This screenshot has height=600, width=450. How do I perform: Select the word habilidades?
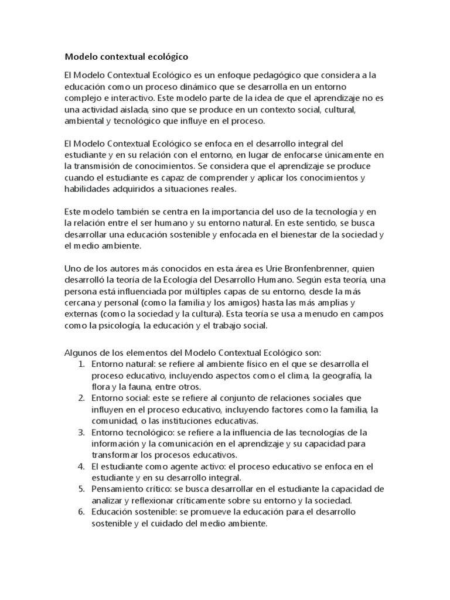[x=88, y=189]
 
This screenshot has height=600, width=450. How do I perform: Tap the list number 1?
[x=81, y=364]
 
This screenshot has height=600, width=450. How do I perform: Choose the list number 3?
[x=81, y=432]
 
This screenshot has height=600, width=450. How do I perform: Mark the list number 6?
[x=81, y=512]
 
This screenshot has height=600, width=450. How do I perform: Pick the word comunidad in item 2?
[x=114, y=421]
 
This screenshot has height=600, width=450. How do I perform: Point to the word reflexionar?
[x=164, y=500]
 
